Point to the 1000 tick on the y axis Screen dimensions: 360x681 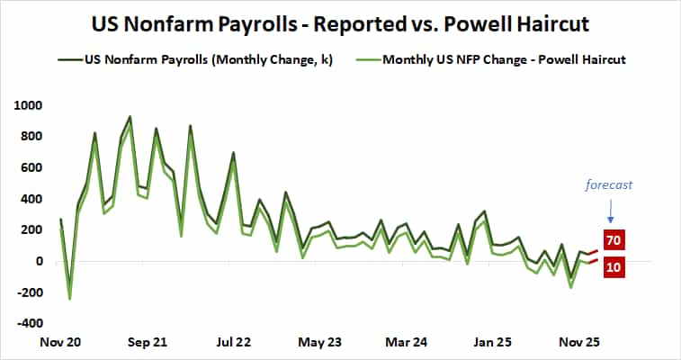click(29, 105)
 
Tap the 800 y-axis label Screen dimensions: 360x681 click(31, 137)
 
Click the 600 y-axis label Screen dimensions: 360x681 click(31, 167)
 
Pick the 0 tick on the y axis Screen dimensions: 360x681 click(38, 261)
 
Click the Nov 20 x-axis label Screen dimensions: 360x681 click(60, 343)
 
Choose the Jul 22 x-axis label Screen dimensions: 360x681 click(234, 343)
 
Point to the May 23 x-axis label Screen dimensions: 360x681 click(320, 343)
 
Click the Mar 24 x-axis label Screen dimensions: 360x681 click(407, 343)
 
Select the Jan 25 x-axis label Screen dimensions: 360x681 click(493, 343)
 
